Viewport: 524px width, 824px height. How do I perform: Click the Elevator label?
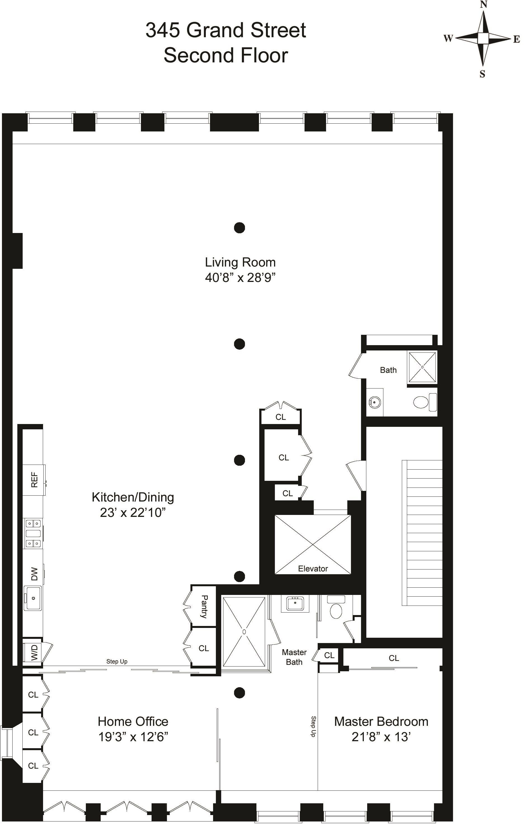click(313, 569)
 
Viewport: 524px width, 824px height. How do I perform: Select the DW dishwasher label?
click(34, 574)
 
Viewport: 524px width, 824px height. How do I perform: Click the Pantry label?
click(204, 606)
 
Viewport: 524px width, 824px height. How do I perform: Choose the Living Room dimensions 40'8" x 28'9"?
click(240, 277)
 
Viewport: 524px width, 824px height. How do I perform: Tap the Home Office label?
click(133, 722)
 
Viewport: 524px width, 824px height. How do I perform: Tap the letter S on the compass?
click(482, 74)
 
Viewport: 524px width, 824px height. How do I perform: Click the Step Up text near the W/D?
click(117, 661)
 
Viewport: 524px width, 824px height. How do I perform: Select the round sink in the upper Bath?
click(374, 402)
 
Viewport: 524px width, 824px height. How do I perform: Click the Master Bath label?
click(294, 657)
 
